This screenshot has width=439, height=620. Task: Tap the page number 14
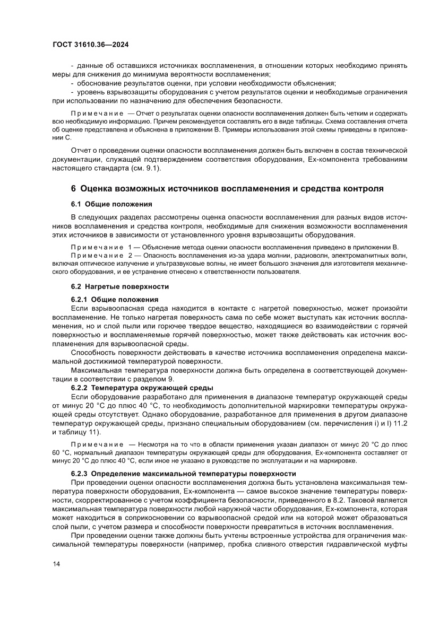tap(57, 580)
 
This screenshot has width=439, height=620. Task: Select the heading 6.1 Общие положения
tap(112, 204)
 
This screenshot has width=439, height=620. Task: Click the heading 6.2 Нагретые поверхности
tap(120, 287)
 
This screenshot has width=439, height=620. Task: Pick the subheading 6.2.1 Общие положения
tap(115, 299)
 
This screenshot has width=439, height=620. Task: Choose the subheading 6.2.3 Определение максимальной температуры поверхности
tap(183, 473)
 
